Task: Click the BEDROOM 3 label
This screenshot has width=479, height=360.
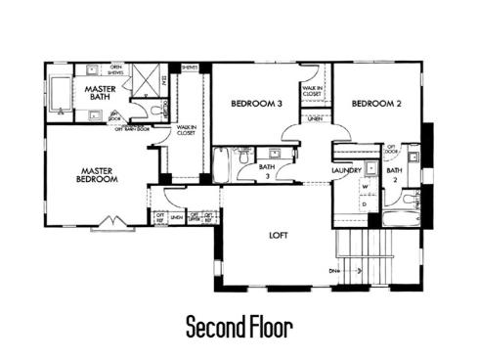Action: pyautogui.click(x=256, y=103)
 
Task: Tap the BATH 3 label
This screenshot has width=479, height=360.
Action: pyautogui.click(x=266, y=170)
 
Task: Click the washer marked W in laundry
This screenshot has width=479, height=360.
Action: pyautogui.click(x=364, y=185)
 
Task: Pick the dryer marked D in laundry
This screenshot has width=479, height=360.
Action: pyautogui.click(x=364, y=203)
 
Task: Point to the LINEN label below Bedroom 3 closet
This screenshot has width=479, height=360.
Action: pyautogui.click(x=314, y=119)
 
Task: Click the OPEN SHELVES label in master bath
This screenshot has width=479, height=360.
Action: pyautogui.click(x=116, y=68)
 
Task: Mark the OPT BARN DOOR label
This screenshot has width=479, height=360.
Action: pyautogui.click(x=131, y=129)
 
